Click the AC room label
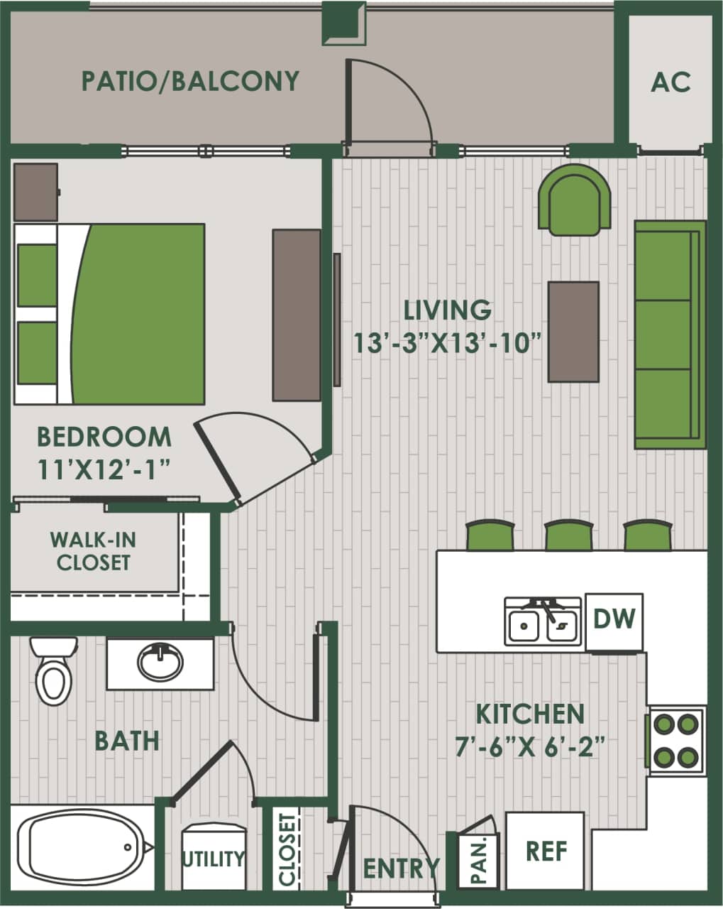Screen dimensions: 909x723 point(670,82)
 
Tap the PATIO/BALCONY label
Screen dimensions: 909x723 point(190,81)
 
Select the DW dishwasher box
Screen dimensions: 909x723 point(614,619)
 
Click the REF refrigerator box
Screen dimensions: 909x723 point(546,850)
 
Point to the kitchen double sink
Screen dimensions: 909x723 point(543,622)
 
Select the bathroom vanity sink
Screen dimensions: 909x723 point(160,663)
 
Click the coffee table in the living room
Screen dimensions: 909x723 point(573,332)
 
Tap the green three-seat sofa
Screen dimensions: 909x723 point(670,334)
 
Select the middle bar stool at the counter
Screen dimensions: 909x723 point(568,535)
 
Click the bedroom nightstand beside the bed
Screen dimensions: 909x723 point(35,192)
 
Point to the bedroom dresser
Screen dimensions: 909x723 point(297,315)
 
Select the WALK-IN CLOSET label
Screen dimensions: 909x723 point(93,551)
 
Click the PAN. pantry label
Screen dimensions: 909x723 point(482,860)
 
